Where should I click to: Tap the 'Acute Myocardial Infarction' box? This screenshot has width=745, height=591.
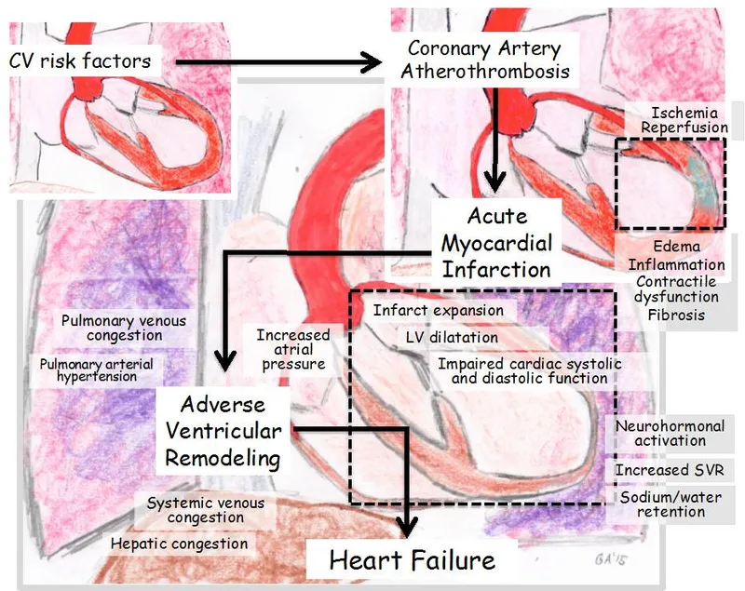(x=496, y=244)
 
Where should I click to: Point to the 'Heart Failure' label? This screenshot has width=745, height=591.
(x=412, y=560)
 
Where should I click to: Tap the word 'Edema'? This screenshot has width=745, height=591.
(x=676, y=248)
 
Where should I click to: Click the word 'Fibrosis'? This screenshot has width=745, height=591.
(x=676, y=315)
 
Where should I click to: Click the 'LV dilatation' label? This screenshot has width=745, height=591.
(x=451, y=337)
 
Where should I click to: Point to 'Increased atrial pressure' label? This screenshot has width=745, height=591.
(x=293, y=349)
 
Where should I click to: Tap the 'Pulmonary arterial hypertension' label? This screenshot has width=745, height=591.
(x=96, y=370)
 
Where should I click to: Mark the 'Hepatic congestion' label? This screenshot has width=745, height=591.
(x=179, y=544)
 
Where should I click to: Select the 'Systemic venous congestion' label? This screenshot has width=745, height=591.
(x=206, y=510)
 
